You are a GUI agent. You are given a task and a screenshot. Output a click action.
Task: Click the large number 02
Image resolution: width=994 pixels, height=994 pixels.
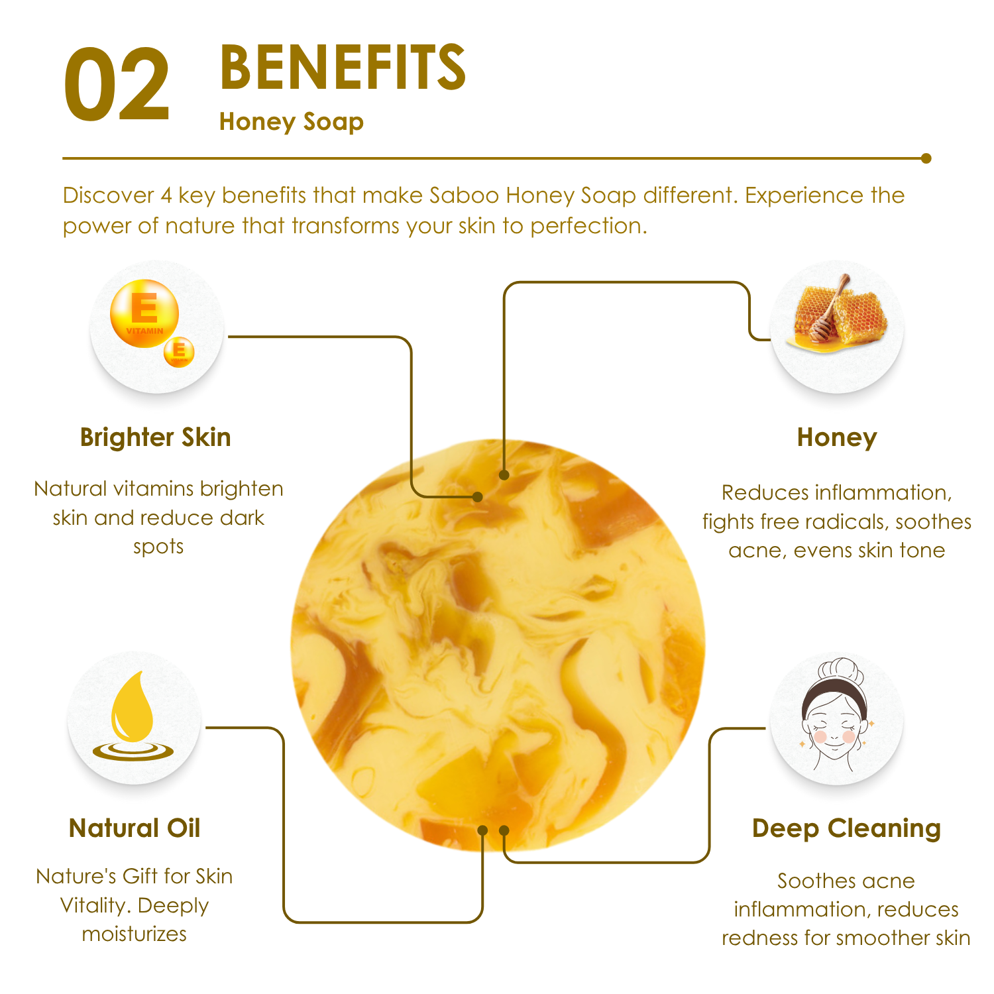[x=117, y=85]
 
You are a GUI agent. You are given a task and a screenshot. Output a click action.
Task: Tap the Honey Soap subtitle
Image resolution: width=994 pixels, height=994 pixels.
[x=292, y=122]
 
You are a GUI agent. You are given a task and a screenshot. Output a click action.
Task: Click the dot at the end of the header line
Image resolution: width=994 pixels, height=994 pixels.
[x=926, y=158]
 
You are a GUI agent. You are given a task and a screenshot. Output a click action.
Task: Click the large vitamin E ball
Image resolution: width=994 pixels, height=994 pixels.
[x=144, y=313]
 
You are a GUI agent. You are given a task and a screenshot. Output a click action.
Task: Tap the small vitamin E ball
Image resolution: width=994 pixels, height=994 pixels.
[x=179, y=351]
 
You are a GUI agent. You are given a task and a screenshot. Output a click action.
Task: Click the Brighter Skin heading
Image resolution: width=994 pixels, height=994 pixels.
[x=156, y=438]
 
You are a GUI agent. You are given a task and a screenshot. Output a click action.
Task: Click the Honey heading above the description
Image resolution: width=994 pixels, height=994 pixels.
[x=837, y=438]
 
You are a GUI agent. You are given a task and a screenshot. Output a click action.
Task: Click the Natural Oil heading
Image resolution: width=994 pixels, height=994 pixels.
[x=135, y=828]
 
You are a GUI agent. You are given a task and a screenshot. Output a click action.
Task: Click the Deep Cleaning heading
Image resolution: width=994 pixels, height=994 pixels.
[x=846, y=828]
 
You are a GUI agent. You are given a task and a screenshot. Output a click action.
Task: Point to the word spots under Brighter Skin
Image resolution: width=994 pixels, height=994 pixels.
[x=158, y=547]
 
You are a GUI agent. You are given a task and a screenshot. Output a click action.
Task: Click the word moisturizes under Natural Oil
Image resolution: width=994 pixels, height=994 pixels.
[x=135, y=934]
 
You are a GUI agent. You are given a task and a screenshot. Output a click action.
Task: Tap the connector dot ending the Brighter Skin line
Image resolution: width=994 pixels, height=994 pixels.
[x=478, y=496]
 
